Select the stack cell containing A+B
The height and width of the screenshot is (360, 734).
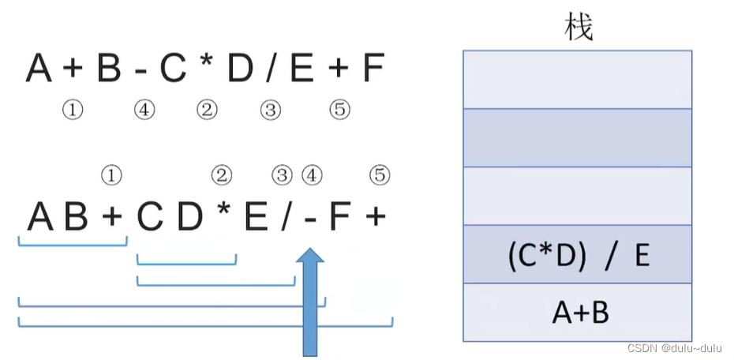579,313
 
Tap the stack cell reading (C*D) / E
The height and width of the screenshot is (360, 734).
579,255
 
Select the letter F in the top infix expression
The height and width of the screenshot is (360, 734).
373,69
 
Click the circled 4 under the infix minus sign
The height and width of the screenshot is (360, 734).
144,111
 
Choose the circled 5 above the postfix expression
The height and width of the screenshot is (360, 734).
380,174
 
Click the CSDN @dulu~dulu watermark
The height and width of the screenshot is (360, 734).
675,348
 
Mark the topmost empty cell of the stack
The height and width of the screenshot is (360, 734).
579,79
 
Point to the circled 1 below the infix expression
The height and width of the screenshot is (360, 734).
73,111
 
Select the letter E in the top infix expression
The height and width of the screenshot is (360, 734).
301,69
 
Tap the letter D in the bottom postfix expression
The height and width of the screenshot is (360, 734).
190,216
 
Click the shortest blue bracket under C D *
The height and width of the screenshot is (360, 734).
186,261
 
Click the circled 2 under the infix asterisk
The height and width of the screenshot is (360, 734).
207,111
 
